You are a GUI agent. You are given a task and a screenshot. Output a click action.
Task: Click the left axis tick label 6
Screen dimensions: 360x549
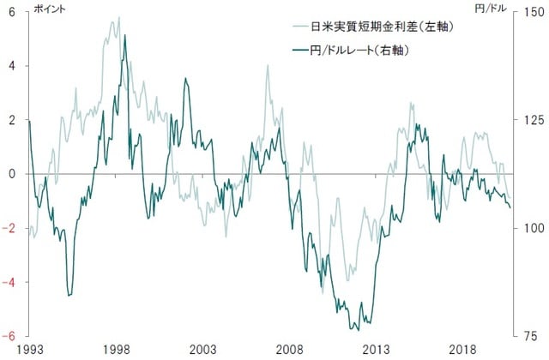point(12,12)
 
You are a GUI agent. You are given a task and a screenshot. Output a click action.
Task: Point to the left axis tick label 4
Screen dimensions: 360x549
point(12,66)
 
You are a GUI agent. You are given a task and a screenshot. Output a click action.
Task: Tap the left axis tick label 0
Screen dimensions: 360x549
point(12,174)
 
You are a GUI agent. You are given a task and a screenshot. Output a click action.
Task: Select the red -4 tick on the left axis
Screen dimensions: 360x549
point(9,282)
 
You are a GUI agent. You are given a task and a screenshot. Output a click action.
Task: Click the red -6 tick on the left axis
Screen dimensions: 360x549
point(9,336)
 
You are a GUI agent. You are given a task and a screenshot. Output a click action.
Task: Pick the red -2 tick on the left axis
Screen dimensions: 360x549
point(9,228)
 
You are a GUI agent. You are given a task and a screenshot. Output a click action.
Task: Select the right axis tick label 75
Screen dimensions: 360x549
point(529,336)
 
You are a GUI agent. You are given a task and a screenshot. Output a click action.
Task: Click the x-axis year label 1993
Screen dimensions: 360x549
point(28,350)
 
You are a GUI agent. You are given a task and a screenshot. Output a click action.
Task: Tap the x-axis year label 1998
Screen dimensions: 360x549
point(116,350)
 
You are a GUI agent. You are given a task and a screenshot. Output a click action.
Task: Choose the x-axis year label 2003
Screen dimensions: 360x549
point(202,350)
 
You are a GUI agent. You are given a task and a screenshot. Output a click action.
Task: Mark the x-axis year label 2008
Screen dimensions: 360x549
point(290,350)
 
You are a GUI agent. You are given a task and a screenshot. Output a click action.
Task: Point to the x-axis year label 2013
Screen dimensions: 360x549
point(377,350)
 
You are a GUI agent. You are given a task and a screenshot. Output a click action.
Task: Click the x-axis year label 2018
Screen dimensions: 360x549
point(464,350)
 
